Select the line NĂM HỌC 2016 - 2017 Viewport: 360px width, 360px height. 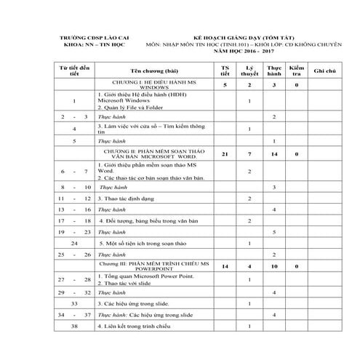[241, 53]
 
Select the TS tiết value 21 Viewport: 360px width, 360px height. [225, 154]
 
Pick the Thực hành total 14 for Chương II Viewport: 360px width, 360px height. [273, 154]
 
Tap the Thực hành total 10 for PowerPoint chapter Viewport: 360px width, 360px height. [273, 267]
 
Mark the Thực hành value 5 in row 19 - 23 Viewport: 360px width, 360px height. [273, 231]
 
